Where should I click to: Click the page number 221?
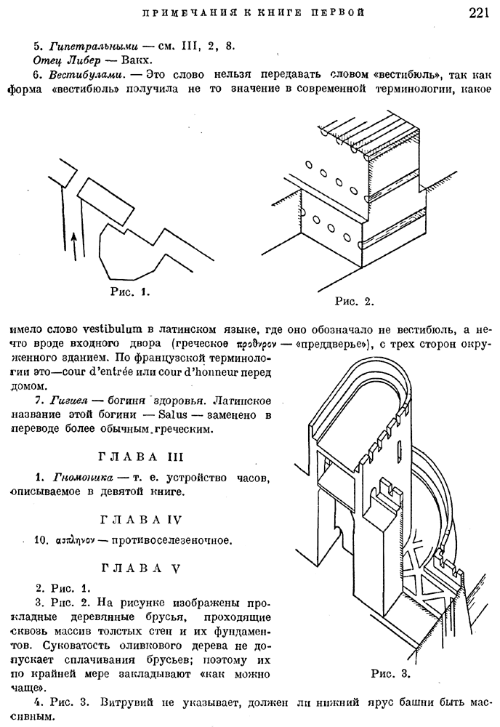479,12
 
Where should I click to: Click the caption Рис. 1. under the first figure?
130,292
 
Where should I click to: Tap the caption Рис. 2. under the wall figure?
354,302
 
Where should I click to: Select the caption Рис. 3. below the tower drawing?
391,674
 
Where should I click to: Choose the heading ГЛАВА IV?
141,520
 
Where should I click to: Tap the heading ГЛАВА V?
141,569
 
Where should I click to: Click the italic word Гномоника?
84,477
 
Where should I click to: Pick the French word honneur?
213,372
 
